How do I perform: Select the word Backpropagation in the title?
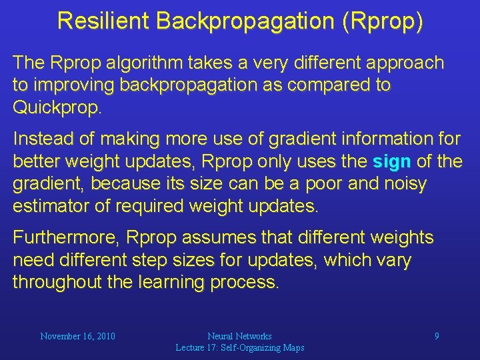coord(245,21)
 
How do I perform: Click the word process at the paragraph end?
coord(244,282)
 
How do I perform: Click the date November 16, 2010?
coord(77,336)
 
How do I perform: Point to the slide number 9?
coord(437,336)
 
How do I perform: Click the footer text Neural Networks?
coord(239,336)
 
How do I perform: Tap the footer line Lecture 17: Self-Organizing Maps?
coord(239,347)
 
